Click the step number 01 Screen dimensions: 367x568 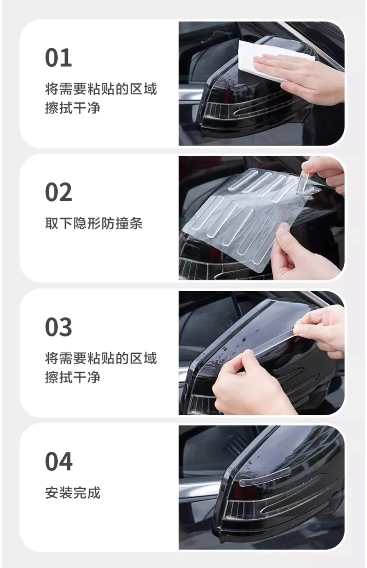click(x=58, y=58)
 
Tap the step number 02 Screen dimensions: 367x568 click(x=58, y=192)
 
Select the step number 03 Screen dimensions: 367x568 click(x=58, y=327)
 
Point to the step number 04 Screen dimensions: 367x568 click(x=59, y=461)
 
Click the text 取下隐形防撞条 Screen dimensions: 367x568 click(x=94, y=223)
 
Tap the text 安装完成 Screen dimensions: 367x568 click(x=73, y=493)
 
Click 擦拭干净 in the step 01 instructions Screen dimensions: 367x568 click(x=73, y=108)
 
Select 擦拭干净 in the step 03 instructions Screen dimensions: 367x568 click(x=73, y=377)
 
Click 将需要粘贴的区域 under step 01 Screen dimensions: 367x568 click(x=101, y=89)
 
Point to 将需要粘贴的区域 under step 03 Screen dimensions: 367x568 click(x=101, y=358)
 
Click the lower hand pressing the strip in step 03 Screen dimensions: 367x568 click(x=249, y=385)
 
